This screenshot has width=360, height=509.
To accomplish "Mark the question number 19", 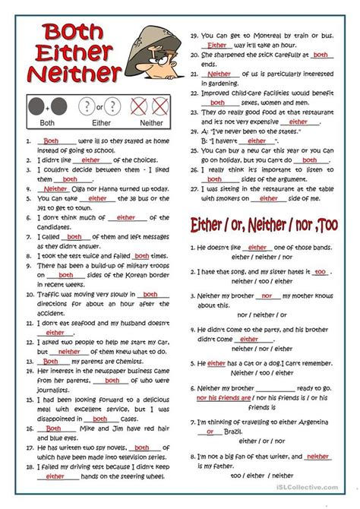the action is (x=195, y=36).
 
